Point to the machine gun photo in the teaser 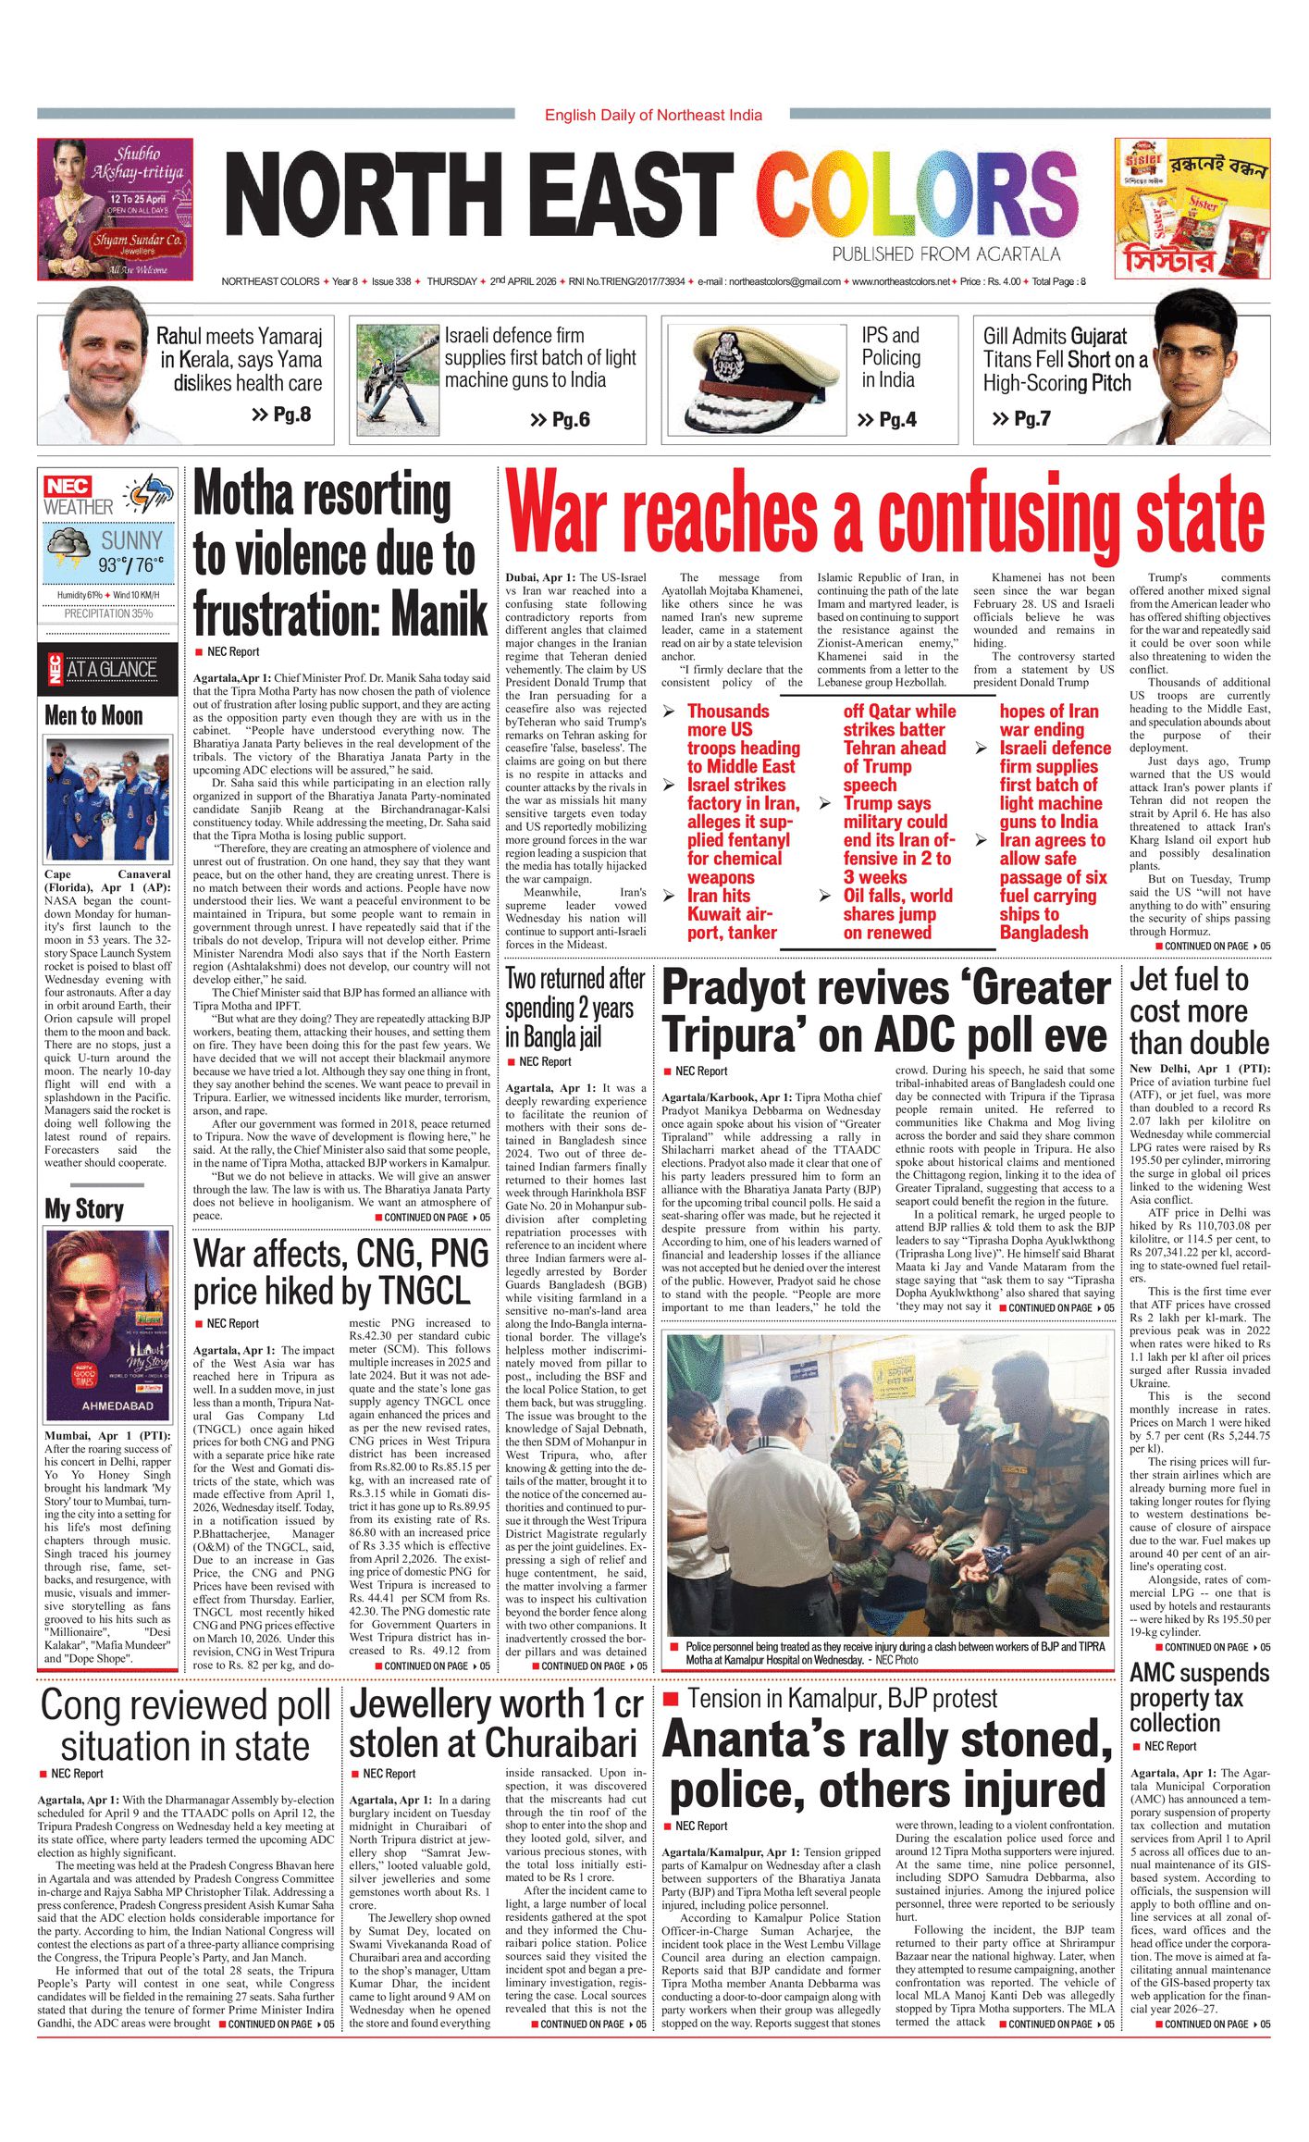click(397, 379)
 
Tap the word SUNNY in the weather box click(131, 540)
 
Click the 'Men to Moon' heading click(93, 715)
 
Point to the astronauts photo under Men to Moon click(107, 799)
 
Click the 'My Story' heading click(84, 1208)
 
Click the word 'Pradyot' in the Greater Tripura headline click(739, 988)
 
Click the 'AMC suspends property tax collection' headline click(1199, 1698)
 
